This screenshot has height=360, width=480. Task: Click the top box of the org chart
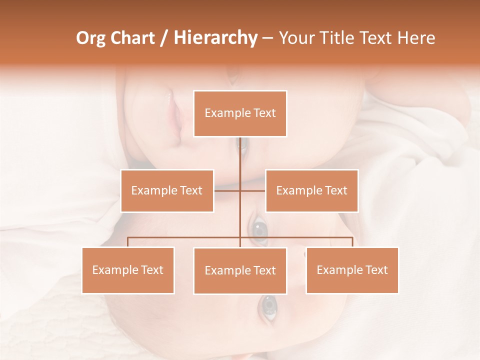pyautogui.click(x=240, y=113)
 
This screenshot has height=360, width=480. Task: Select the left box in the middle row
pyautogui.click(x=167, y=190)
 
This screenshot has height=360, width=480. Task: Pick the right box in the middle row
pyautogui.click(x=311, y=190)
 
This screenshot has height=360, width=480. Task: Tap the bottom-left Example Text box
pyautogui.click(x=128, y=270)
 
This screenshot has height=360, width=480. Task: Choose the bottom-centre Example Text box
pyautogui.click(x=240, y=270)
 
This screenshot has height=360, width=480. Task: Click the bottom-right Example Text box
pyautogui.click(x=352, y=270)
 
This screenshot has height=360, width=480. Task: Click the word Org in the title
pyautogui.click(x=91, y=38)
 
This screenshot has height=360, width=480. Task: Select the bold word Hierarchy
pyautogui.click(x=215, y=38)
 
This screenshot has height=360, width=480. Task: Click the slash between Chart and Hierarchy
pyautogui.click(x=163, y=38)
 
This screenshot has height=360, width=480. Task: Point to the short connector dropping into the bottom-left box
pyautogui.click(x=128, y=242)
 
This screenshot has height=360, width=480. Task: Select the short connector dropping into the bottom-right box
pyautogui.click(x=352, y=242)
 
